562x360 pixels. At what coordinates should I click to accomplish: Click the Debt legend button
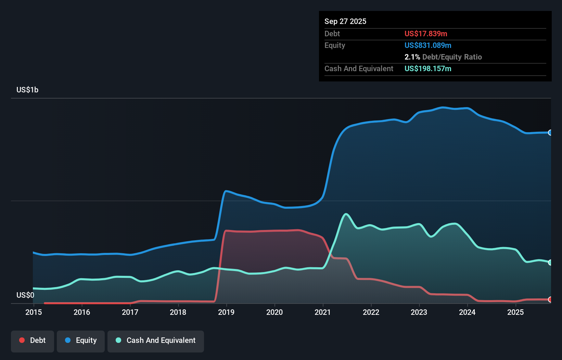point(33,340)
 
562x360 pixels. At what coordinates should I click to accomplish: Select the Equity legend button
point(81,340)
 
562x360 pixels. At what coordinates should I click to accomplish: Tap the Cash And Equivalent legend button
point(156,340)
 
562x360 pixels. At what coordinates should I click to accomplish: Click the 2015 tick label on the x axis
point(34,312)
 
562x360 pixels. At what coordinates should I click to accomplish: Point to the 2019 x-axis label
point(226,312)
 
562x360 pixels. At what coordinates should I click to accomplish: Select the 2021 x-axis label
point(323,312)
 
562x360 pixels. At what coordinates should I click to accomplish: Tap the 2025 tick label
point(515,312)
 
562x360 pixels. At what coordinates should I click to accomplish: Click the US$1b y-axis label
point(27,90)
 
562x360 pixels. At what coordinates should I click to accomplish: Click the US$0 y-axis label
point(25,295)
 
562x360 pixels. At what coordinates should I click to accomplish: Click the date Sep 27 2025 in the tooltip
point(345,21)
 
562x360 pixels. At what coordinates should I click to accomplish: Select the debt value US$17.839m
point(426,34)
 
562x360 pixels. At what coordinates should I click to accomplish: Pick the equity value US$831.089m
point(428,45)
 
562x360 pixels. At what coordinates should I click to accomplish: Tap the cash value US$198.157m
point(428,68)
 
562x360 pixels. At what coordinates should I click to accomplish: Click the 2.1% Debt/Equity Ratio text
point(443,57)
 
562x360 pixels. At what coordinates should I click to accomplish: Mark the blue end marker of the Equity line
point(550,132)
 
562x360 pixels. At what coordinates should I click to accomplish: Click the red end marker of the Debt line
point(550,299)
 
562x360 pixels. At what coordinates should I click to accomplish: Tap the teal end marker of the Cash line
point(550,262)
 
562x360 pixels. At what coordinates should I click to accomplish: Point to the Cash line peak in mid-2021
point(346,214)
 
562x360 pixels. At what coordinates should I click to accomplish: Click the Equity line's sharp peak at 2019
point(226,191)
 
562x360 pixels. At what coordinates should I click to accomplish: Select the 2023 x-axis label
point(419,312)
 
